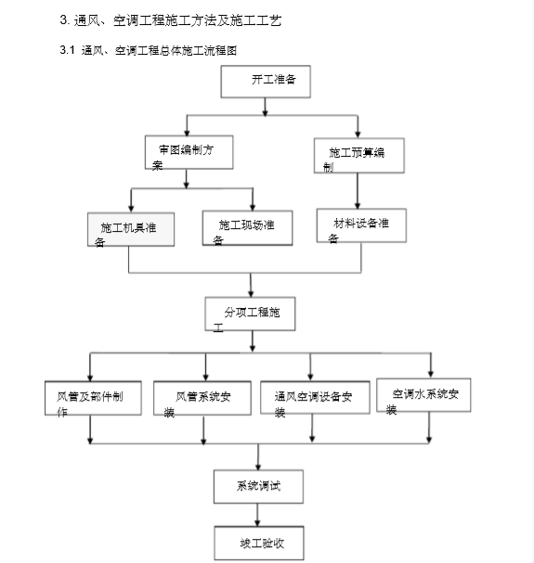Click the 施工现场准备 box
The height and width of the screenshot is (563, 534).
coord(247,228)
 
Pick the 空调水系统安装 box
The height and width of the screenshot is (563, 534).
coord(428,396)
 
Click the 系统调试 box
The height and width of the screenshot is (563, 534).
coord(256,485)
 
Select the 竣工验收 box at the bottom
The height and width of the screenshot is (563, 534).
coord(255,543)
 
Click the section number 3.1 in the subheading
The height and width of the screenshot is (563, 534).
coord(66,50)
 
